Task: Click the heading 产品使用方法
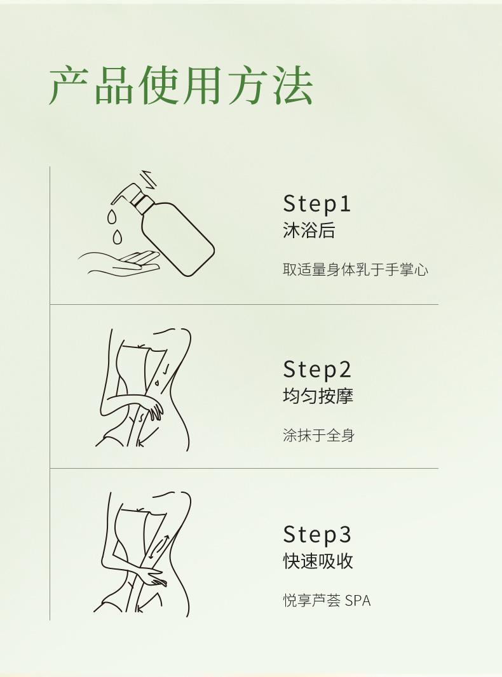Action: (180, 85)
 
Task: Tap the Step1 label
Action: (316, 203)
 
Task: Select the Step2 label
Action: (317, 369)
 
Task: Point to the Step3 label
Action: (317, 535)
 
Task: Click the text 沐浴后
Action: (309, 230)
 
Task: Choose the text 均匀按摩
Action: (318, 396)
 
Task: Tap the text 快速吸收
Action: (318, 561)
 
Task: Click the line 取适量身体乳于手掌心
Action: (356, 270)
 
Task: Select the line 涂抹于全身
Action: (319, 435)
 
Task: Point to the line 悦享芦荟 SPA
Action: (327, 601)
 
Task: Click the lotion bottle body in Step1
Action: (178, 239)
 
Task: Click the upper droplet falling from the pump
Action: (111, 216)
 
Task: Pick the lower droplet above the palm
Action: (117, 237)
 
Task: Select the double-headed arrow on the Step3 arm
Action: (159, 547)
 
